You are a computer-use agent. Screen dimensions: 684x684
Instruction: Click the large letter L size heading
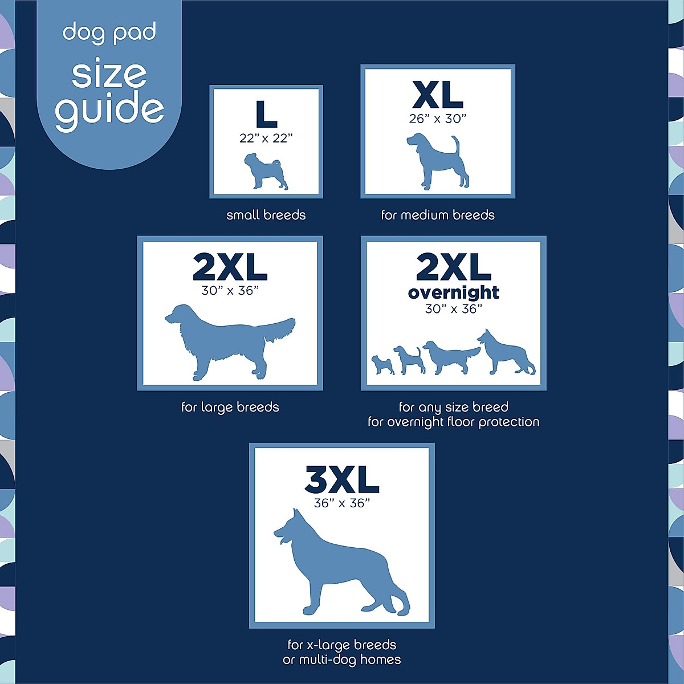point(266,114)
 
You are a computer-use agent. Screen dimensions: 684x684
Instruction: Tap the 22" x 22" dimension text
point(266,139)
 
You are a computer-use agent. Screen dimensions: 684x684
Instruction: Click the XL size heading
point(437,95)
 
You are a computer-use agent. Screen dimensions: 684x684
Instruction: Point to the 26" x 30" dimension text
point(437,119)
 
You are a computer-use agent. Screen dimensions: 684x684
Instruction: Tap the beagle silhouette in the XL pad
point(436,162)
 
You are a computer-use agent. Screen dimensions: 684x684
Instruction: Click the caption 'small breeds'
point(266,215)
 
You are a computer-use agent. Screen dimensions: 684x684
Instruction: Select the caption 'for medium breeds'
point(438,215)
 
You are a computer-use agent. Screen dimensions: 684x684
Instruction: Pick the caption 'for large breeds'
point(230,408)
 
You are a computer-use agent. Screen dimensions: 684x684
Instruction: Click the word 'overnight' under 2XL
point(454,292)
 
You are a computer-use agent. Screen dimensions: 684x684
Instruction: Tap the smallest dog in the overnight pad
point(382,364)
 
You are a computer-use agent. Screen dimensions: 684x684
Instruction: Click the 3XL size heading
point(342,480)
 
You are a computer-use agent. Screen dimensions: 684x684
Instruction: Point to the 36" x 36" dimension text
point(342,503)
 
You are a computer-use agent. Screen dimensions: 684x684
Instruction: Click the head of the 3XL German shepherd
point(291,530)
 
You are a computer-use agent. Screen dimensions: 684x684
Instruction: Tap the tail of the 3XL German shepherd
point(399,598)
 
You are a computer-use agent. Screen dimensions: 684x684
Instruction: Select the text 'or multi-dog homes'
point(342,660)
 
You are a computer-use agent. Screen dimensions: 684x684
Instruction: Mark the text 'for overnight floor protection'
point(453,422)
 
